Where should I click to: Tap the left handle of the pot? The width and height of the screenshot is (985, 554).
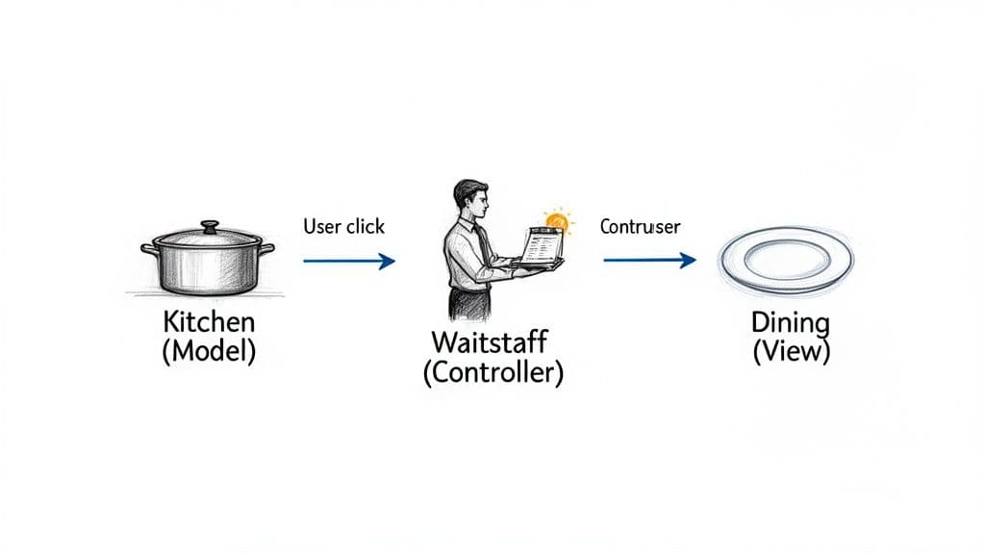coord(150,249)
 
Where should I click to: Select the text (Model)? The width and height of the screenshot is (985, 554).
coord(208,350)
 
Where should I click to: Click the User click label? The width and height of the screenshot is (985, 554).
coord(343,227)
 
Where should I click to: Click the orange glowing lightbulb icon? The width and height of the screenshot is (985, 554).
coord(555,222)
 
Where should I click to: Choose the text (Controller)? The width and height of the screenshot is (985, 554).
coord(492,372)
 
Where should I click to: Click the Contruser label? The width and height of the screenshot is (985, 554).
coord(640,227)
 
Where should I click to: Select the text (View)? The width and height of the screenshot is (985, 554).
coord(791,350)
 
